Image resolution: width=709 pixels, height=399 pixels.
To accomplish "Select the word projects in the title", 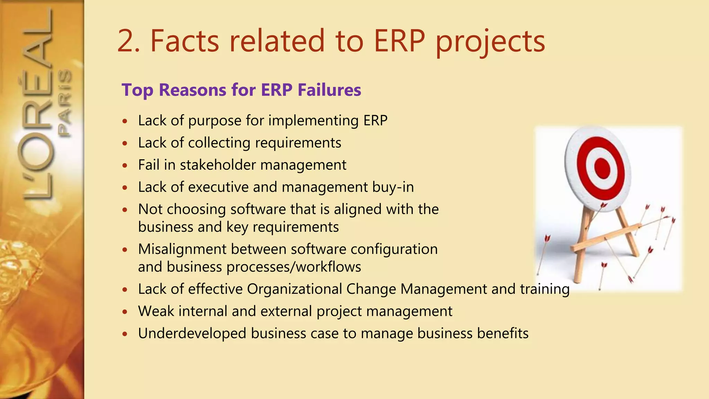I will tap(490, 42).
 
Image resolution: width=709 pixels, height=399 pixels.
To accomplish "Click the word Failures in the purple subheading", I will tap(329, 90).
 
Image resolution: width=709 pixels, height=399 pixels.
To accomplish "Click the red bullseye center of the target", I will tap(602, 168).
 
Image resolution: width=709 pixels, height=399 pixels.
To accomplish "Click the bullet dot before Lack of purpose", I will tap(125, 121).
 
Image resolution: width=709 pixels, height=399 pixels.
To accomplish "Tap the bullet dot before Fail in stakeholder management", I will tap(125, 166).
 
